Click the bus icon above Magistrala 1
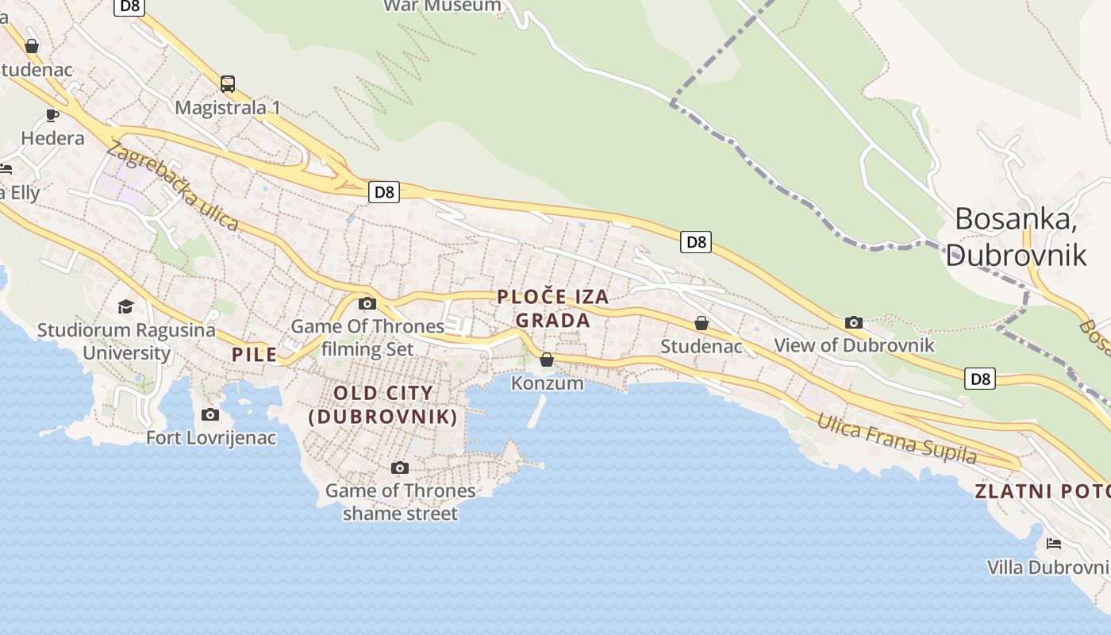(228, 83)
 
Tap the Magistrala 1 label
(228, 107)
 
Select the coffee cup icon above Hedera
(52, 115)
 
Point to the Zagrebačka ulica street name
(172, 186)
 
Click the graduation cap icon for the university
(125, 306)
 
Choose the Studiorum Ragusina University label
(126, 341)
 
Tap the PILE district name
(254, 355)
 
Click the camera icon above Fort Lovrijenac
(210, 414)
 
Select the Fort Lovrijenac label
(211, 437)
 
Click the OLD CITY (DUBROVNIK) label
(383, 404)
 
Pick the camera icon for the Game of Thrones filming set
(367, 303)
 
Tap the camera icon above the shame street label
(400, 468)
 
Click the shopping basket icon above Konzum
(547, 360)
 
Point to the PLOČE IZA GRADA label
(553, 309)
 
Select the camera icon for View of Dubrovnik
(854, 322)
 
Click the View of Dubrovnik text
(854, 345)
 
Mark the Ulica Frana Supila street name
(897, 439)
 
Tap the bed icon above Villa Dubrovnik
(1054, 544)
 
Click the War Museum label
(443, 6)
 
